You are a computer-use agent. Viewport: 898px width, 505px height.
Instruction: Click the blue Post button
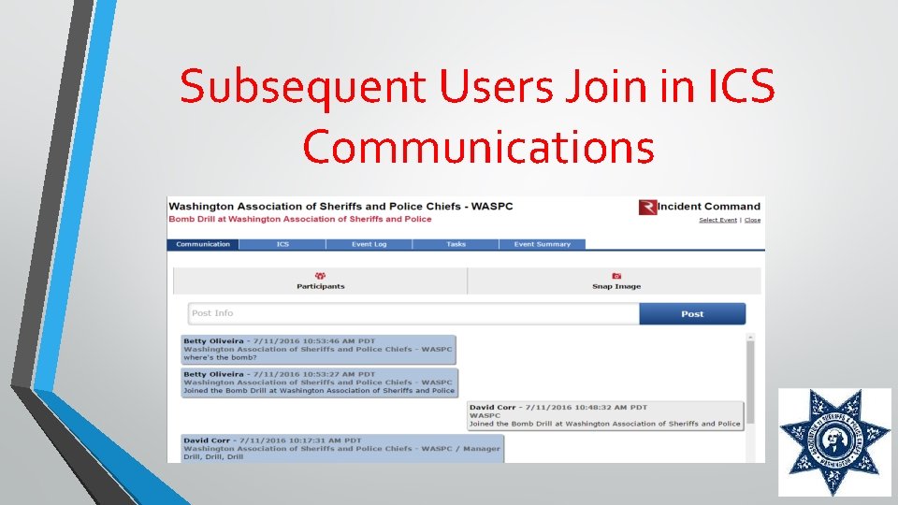pyautogui.click(x=692, y=314)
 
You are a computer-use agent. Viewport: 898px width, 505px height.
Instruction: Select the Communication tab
pyautogui.click(x=203, y=244)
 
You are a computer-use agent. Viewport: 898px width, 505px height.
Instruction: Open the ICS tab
pyautogui.click(x=282, y=244)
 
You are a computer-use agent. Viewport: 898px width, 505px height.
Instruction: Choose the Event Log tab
pyautogui.click(x=369, y=244)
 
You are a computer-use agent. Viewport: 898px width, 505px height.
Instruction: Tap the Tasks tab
pyautogui.click(x=456, y=244)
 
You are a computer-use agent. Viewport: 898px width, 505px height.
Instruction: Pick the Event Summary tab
pyautogui.click(x=542, y=244)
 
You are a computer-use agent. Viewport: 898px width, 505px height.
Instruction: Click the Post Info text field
pyautogui.click(x=413, y=313)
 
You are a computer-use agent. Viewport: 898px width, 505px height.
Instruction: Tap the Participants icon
pyautogui.click(x=321, y=276)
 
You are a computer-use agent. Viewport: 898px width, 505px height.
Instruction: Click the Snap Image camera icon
pyautogui.click(x=616, y=276)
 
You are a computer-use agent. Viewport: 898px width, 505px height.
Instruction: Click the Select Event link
pyautogui.click(x=717, y=220)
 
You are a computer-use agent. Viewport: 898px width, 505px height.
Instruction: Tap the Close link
pyautogui.click(x=753, y=220)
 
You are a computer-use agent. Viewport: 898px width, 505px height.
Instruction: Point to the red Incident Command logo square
pyautogui.click(x=646, y=207)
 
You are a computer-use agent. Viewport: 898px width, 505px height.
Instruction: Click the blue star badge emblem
pyautogui.click(x=834, y=442)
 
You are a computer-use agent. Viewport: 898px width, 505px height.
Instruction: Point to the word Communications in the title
pyautogui.click(x=478, y=147)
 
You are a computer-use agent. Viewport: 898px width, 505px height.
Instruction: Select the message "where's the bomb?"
pyautogui.click(x=220, y=357)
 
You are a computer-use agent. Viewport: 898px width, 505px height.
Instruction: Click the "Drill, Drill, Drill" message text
pyautogui.click(x=213, y=456)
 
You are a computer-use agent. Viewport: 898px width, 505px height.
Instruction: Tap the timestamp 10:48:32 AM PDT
pyautogui.click(x=600, y=408)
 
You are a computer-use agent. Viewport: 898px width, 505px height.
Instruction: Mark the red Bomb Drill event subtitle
pyautogui.click(x=300, y=219)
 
